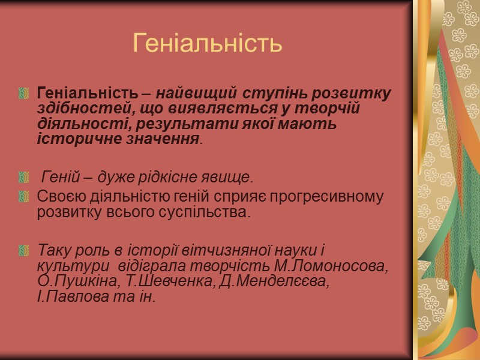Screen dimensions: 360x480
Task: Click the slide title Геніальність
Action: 207,43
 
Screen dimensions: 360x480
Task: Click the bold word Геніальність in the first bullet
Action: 88,94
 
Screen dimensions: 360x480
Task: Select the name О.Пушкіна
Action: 67,281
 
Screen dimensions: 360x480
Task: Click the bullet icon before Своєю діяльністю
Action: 25,196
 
